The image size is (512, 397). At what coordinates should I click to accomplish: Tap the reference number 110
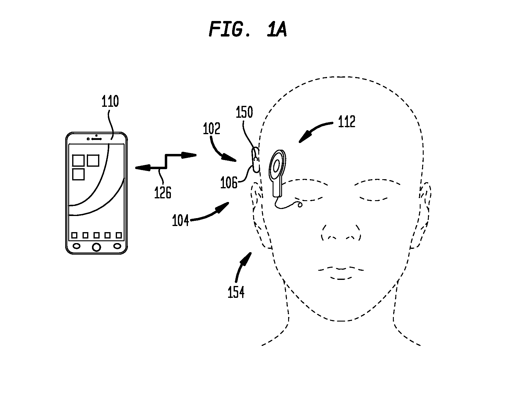click(x=110, y=101)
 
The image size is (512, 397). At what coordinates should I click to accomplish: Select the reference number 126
click(x=163, y=193)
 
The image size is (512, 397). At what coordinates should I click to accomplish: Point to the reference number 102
click(x=212, y=129)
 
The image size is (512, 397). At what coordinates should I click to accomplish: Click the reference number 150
click(x=245, y=112)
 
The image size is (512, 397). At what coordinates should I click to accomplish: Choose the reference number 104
click(x=181, y=220)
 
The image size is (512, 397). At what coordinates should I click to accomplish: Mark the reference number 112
click(x=347, y=122)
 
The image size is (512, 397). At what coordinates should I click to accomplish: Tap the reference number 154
click(x=236, y=292)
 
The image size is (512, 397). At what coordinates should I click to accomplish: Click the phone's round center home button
click(x=96, y=247)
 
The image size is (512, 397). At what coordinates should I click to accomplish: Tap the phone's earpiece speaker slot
click(x=96, y=139)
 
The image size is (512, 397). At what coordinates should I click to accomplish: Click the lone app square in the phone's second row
click(x=78, y=174)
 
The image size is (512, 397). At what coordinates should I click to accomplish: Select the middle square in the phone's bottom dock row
click(x=96, y=235)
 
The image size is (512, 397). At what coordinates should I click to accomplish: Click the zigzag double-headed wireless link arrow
click(x=165, y=161)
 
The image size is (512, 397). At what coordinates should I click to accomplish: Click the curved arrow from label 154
click(x=242, y=266)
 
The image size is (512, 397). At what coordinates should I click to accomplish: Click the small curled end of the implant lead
click(x=300, y=205)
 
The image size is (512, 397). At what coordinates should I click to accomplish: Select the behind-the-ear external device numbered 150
click(x=256, y=160)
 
